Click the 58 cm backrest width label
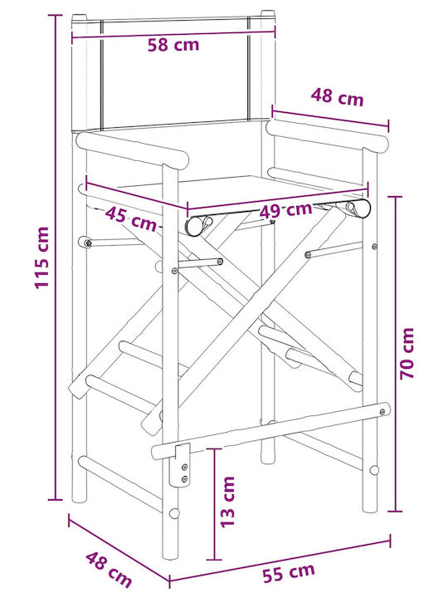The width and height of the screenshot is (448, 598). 173,45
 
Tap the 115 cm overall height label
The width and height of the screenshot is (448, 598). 42,257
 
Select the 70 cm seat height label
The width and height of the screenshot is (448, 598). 407,353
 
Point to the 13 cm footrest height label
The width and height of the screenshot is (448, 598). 228,502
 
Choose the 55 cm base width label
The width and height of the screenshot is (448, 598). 289,571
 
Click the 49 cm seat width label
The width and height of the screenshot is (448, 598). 285,210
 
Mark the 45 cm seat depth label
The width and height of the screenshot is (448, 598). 131,219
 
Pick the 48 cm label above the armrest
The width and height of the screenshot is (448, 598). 337,96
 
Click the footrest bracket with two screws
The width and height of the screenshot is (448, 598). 182,465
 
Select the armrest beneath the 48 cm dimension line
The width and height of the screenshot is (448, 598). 327,135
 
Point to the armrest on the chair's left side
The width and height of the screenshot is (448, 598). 132,149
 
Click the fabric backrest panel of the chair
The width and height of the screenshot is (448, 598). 175,73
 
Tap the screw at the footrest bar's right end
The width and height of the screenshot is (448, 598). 382,411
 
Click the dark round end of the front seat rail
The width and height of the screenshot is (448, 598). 194,226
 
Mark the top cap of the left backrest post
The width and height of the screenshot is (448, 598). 80,17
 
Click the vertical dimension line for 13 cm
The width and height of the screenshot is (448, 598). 215,504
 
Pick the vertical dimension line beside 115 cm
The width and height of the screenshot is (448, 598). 56,257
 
